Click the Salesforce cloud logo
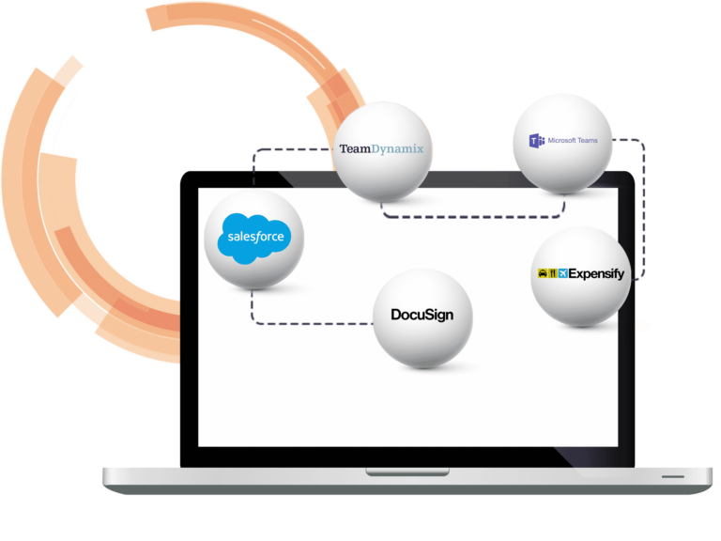click(254, 238)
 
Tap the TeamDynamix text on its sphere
click(382, 149)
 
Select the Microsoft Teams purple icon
click(537, 141)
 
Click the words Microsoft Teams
click(574, 141)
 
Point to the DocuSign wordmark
click(422, 315)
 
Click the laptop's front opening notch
click(393, 471)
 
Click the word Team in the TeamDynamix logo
click(356, 149)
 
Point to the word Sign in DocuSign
click(437, 315)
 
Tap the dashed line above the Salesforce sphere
click(282, 148)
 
